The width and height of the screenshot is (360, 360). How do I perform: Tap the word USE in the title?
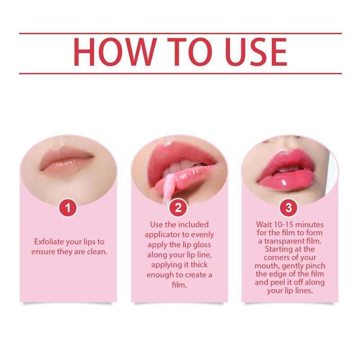click(256, 52)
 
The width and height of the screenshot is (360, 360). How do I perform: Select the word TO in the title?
click(189, 52)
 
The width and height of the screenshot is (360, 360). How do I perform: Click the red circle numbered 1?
click(68, 208)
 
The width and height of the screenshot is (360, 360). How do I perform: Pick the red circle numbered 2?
click(178, 208)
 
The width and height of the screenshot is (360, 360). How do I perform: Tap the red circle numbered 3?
click(288, 208)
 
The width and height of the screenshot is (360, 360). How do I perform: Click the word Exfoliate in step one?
click(49, 242)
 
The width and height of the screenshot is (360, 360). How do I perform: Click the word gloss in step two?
click(202, 245)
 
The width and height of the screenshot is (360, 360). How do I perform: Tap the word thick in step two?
click(199, 265)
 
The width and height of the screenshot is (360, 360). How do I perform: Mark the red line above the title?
click(180, 33)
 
